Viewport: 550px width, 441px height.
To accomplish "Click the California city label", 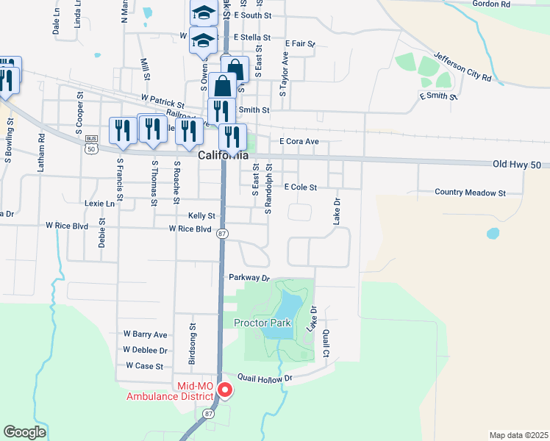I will pyautogui.click(x=224, y=156).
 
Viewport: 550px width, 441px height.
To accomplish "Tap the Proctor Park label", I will pyautogui.click(x=262, y=323).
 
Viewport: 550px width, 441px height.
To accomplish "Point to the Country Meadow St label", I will pyautogui.click(x=471, y=193).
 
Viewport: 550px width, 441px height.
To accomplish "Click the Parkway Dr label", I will pyautogui.click(x=250, y=278).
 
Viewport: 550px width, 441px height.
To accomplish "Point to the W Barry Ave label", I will pyautogui.click(x=146, y=334).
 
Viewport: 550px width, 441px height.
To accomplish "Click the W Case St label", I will pyautogui.click(x=144, y=365).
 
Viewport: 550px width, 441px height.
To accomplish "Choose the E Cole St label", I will pyautogui.click(x=300, y=187).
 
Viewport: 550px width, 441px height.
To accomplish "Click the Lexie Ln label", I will pyautogui.click(x=100, y=203).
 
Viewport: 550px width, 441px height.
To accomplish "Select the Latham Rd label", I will pyautogui.click(x=42, y=157).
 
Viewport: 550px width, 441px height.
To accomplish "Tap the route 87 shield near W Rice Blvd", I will pyautogui.click(x=223, y=233).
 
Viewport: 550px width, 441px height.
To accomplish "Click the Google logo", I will pyautogui.click(x=24, y=433).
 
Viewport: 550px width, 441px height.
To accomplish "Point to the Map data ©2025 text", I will pyautogui.click(x=518, y=435).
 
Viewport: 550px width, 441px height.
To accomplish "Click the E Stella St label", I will pyautogui.click(x=252, y=37).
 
